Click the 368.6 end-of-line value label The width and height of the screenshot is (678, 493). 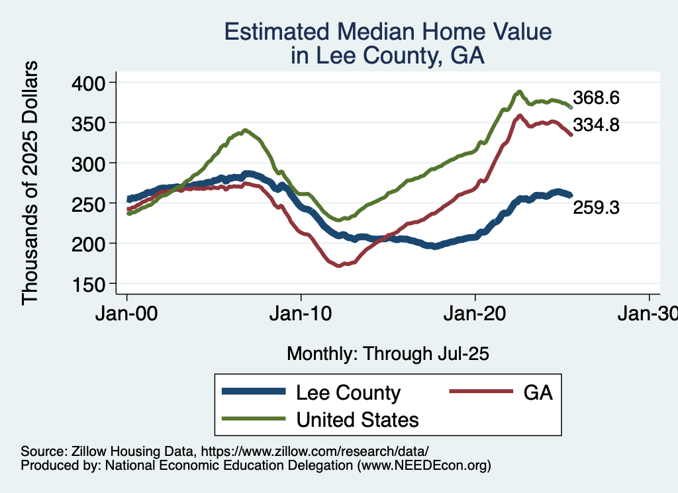(596, 98)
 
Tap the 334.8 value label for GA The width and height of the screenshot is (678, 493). (596, 124)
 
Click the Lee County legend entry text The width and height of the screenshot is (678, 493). (348, 392)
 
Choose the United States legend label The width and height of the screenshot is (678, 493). (358, 419)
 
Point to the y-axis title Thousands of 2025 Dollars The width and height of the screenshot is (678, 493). (30, 183)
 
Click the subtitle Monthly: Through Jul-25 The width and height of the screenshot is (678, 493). (387, 354)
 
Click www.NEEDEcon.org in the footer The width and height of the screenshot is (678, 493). (424, 465)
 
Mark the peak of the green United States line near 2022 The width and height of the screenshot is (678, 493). (520, 91)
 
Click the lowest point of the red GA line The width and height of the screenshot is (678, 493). (339, 265)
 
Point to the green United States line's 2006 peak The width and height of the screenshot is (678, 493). (246, 130)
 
